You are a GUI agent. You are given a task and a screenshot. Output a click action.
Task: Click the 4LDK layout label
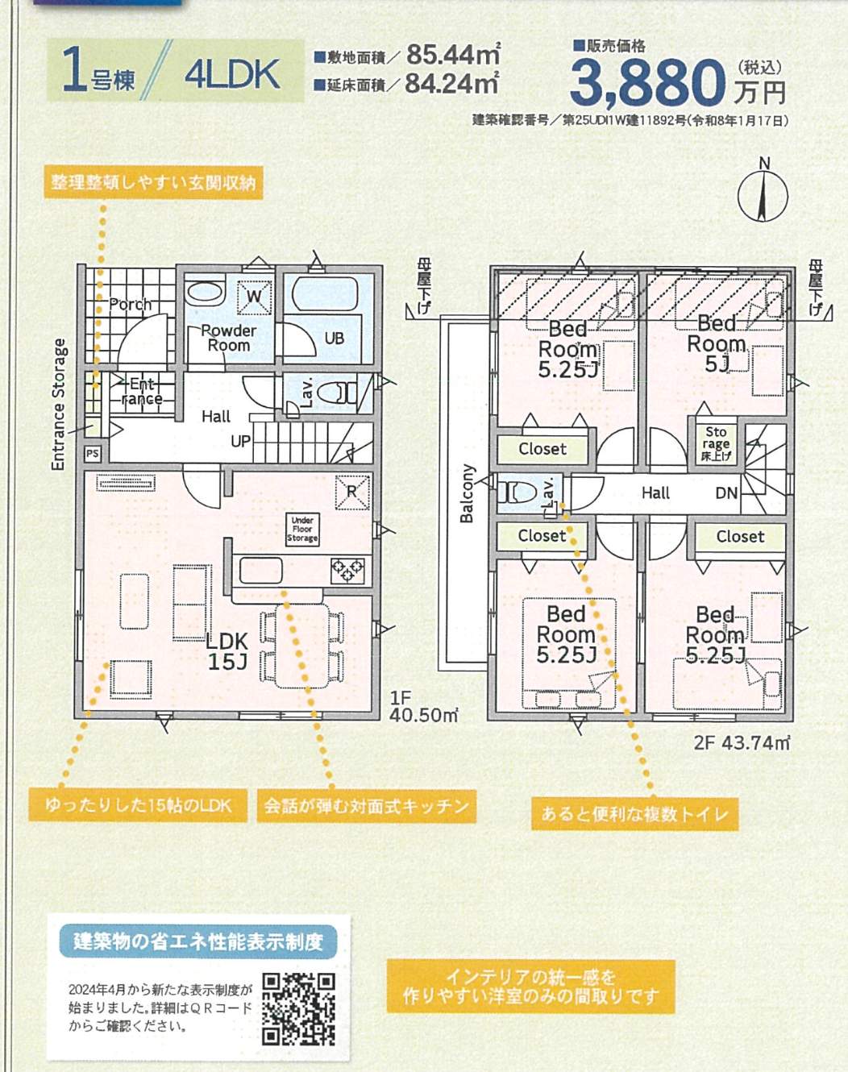click(x=231, y=74)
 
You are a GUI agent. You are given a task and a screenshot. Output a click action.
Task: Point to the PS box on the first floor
click(x=93, y=454)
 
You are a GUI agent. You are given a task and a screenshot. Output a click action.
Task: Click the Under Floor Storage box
click(x=302, y=529)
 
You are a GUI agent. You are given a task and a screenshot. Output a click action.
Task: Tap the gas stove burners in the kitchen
click(x=347, y=571)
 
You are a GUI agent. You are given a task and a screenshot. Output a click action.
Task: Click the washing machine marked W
click(x=254, y=297)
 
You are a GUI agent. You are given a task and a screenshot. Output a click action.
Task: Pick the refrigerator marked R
click(x=352, y=492)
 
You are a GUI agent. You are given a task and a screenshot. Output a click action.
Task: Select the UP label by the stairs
click(x=240, y=441)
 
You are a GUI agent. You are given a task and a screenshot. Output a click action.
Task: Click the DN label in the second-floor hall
click(x=726, y=493)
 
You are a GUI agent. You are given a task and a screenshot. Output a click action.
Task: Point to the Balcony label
click(x=467, y=493)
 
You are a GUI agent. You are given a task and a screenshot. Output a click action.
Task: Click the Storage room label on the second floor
click(x=716, y=443)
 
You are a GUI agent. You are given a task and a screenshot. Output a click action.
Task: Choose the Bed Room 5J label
click(x=717, y=343)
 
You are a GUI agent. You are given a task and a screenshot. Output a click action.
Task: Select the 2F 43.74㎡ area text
click(x=742, y=742)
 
